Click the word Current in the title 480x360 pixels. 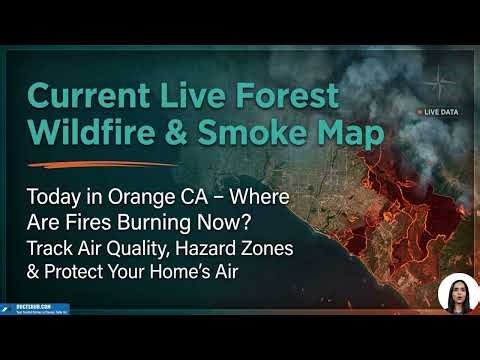[85, 96]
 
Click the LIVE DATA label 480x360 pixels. [442, 112]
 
